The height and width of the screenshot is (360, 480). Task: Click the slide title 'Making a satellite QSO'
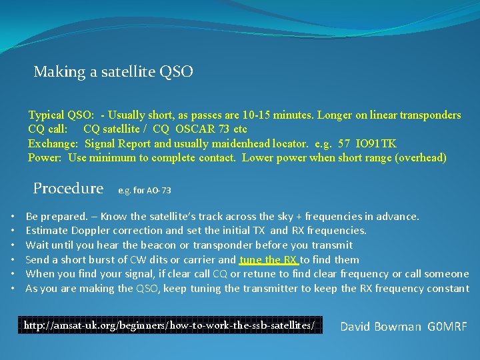(x=113, y=71)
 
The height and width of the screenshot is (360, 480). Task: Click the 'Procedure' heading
(x=68, y=189)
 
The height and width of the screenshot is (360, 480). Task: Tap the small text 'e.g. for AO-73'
(x=144, y=191)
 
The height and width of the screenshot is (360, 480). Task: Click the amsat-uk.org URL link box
(x=169, y=325)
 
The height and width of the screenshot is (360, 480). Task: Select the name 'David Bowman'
(x=381, y=326)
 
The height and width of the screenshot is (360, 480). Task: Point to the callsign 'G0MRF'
(x=447, y=326)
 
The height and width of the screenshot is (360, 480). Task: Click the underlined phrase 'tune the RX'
(x=268, y=259)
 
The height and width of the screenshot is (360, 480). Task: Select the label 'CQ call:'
(x=47, y=129)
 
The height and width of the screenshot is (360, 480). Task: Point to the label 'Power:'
(x=45, y=158)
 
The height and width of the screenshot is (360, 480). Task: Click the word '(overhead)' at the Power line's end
(x=422, y=158)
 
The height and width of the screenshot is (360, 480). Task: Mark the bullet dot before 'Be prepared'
(x=15, y=217)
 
